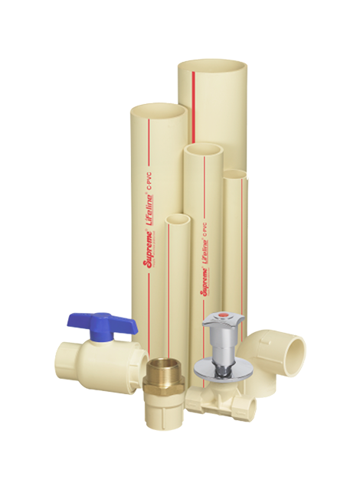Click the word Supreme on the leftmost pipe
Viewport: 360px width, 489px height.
pos(146,252)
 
